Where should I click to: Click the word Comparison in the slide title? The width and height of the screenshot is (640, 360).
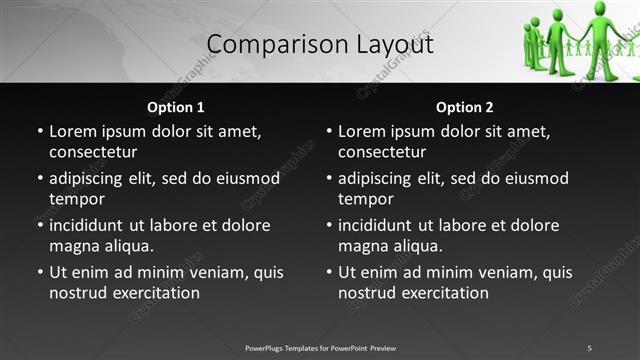263,45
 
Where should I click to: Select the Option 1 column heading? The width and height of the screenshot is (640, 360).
176,107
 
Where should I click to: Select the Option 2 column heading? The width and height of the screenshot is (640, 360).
465,107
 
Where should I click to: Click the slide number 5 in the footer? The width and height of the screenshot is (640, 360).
589,348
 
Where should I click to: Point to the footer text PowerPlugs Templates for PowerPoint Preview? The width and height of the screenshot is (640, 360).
320,348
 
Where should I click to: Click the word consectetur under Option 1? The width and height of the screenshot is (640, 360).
93,152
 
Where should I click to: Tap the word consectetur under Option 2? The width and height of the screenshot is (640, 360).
382,152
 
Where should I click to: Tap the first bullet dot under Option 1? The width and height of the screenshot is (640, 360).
39,131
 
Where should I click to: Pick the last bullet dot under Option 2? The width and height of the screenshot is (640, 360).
328,272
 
